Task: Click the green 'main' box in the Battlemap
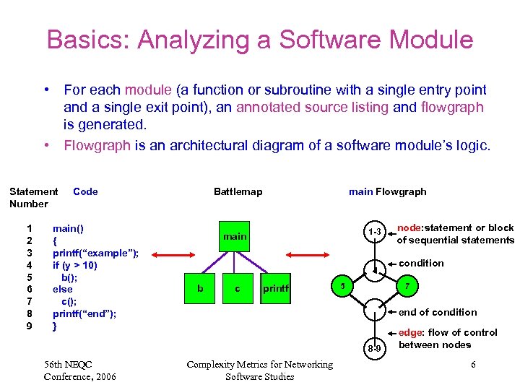234,236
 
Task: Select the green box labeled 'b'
200,289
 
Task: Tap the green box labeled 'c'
238,289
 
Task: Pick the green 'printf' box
275,289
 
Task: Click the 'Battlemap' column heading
238,191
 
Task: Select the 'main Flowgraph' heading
387,191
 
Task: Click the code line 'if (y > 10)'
75,265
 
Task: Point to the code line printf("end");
84,313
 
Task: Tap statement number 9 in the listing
30,326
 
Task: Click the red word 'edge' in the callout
409,332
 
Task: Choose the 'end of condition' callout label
438,312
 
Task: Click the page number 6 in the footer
473,365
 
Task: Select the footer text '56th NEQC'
68,364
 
